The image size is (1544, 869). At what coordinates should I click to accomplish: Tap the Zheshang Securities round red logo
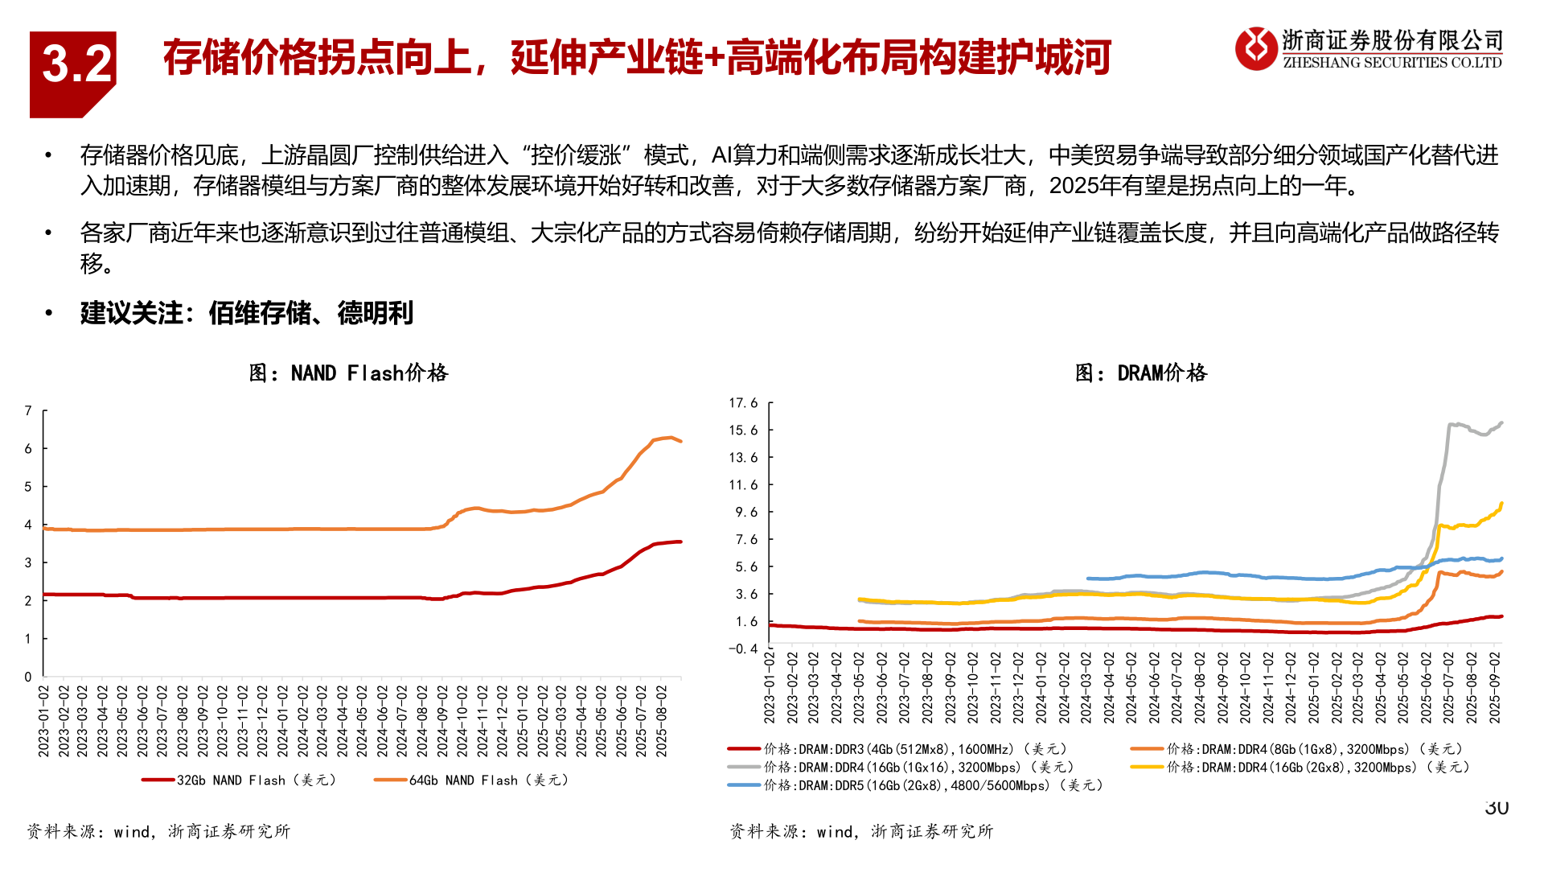tap(1255, 48)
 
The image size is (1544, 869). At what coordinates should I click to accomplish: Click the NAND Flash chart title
tap(348, 373)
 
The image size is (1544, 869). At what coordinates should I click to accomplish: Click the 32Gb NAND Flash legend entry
tap(239, 780)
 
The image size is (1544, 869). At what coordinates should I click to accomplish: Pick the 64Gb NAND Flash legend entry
tap(471, 780)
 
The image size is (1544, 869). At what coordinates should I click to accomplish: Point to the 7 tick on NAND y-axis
tap(28, 411)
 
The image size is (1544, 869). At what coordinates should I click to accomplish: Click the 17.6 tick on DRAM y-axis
tap(742, 403)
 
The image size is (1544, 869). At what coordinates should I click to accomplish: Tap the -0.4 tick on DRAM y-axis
tap(742, 649)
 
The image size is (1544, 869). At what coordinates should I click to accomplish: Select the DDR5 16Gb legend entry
tap(917, 785)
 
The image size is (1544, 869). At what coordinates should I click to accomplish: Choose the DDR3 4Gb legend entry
tap(897, 749)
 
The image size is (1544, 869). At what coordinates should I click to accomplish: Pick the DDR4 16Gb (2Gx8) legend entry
tap(1300, 768)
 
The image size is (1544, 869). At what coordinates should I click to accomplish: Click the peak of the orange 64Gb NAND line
tap(668, 438)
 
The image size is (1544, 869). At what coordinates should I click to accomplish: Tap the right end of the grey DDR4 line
tap(1501, 423)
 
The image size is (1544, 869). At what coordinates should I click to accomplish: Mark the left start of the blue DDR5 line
tap(1088, 579)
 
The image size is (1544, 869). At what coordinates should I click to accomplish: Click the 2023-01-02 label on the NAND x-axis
tap(44, 721)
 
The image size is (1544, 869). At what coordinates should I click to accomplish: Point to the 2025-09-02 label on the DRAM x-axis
tap(1495, 688)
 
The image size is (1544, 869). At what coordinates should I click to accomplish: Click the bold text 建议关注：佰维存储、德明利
tap(246, 313)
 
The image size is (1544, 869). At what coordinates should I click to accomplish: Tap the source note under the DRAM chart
tap(861, 831)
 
